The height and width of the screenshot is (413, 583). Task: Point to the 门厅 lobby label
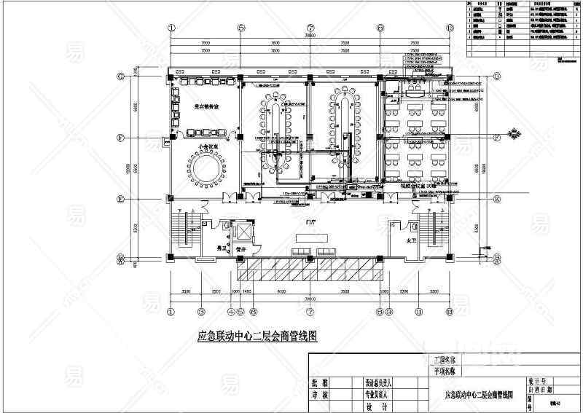pyautogui.click(x=311, y=221)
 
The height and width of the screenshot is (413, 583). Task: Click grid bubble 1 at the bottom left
pyautogui.click(x=172, y=312)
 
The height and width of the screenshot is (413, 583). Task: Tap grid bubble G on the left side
pyautogui.click(x=120, y=76)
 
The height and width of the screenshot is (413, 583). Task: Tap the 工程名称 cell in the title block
pyautogui.click(x=444, y=360)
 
